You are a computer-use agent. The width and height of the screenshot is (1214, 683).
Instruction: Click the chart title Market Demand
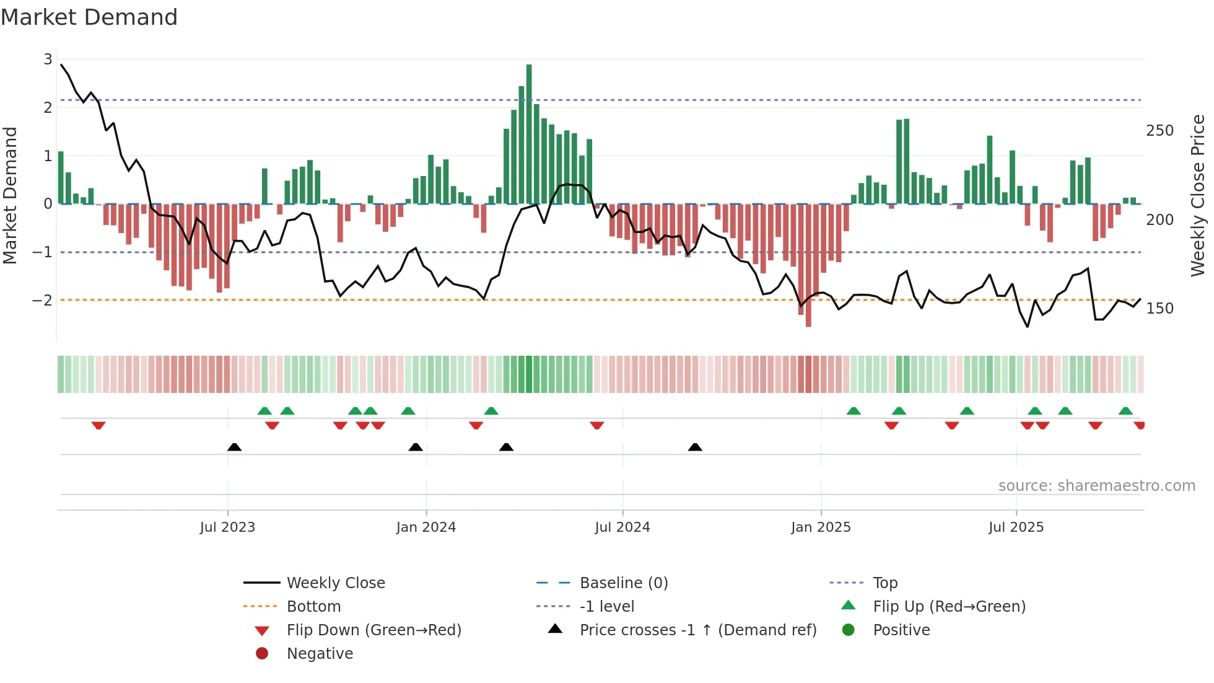tap(89, 17)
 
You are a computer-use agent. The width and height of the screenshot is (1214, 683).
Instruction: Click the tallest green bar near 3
tap(529, 133)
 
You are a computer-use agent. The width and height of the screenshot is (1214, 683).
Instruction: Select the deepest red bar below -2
tap(808, 267)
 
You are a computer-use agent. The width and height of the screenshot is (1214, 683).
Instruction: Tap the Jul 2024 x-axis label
tap(622, 527)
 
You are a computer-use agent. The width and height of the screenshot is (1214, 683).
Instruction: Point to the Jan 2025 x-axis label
tap(821, 527)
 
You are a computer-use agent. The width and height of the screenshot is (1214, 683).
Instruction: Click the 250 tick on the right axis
tap(1159, 131)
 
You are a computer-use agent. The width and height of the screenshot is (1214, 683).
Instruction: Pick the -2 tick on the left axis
tap(43, 301)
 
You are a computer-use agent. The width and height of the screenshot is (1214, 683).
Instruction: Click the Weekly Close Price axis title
tap(1198, 195)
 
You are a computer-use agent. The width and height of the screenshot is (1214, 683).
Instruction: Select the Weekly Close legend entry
tap(335, 583)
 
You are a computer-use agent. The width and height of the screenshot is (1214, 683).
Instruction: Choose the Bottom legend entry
tap(313, 607)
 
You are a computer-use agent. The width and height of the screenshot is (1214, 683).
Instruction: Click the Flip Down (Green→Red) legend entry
tap(373, 630)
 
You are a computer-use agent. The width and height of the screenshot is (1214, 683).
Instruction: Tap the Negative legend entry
tap(320, 654)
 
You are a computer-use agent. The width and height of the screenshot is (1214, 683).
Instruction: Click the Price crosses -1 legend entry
tap(697, 630)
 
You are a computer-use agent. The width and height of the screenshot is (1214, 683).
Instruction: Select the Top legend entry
tap(885, 583)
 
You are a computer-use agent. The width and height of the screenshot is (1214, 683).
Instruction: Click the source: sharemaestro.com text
tap(1096, 486)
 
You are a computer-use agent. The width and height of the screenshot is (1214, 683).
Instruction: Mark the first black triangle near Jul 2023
tap(234, 447)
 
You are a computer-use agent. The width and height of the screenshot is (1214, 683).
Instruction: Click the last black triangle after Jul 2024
tap(695, 447)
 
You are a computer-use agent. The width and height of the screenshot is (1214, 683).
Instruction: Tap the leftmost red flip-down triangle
tap(98, 425)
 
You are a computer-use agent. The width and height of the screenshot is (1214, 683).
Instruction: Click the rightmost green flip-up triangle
tap(1125, 411)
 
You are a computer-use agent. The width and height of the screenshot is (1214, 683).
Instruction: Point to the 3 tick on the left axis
tap(48, 59)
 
